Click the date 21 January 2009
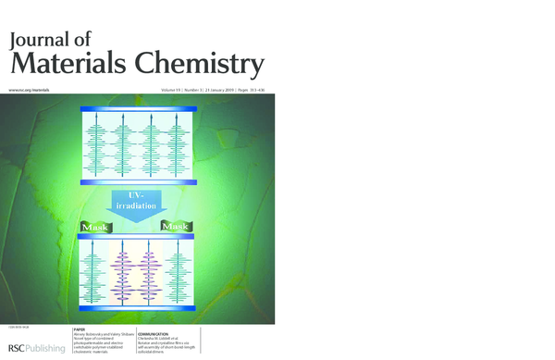(x=216, y=90)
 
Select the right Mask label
(x=176, y=226)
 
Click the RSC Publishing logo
(x=33, y=348)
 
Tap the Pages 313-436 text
(x=251, y=90)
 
